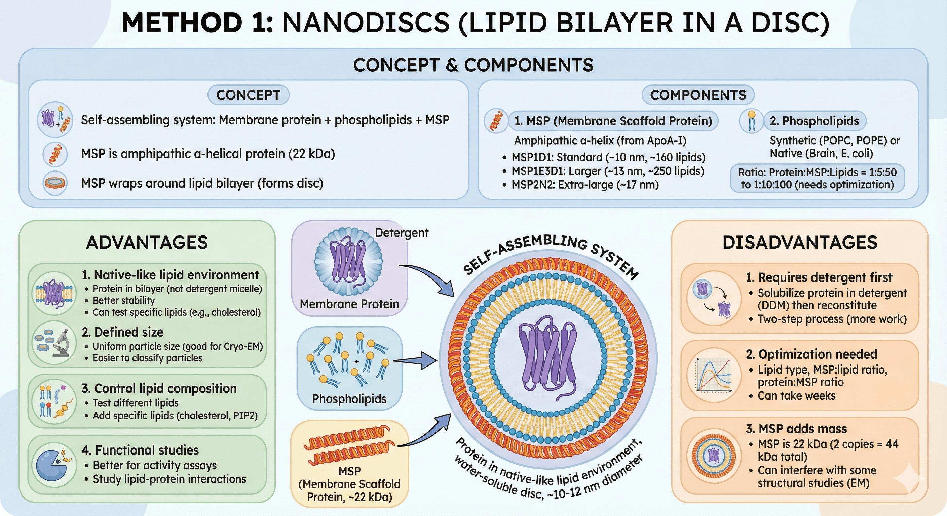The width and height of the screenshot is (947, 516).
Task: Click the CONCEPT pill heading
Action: coord(248,95)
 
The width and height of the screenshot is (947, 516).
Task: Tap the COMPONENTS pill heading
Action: coord(698,95)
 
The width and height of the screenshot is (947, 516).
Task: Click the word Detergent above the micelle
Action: coord(402,233)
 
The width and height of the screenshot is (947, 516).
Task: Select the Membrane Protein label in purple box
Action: coord(349,304)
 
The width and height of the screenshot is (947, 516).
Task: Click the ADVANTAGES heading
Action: coord(147,243)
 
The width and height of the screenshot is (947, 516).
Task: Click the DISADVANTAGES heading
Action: coord(800,243)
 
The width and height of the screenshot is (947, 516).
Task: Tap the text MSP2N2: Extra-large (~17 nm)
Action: coord(585,185)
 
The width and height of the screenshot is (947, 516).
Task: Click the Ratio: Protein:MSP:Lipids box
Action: coord(817,178)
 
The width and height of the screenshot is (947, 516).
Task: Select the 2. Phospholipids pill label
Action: coord(814,121)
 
